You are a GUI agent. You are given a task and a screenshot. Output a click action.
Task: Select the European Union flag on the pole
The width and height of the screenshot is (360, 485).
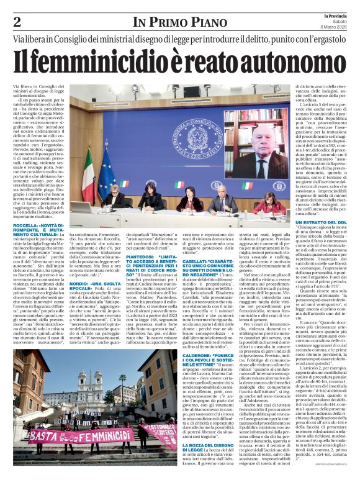[103, 174]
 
